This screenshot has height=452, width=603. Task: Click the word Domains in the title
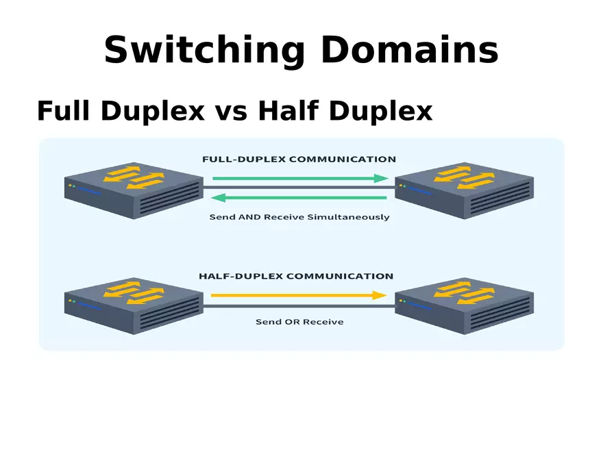click(x=409, y=50)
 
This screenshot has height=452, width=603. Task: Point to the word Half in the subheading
click(x=288, y=111)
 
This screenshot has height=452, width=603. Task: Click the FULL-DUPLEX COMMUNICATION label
click(x=299, y=160)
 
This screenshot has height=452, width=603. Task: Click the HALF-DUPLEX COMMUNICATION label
click(x=296, y=277)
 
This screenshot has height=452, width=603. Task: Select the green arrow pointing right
click(x=300, y=178)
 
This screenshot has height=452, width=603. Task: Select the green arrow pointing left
click(x=299, y=199)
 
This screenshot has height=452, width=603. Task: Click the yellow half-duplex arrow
click(x=299, y=295)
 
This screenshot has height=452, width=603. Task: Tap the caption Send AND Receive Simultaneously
click(x=299, y=217)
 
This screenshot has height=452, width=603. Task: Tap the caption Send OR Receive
click(x=299, y=322)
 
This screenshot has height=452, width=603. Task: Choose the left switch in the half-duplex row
click(x=134, y=305)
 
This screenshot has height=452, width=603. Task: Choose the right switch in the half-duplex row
click(x=465, y=305)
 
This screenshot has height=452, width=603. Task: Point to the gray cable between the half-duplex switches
click(x=299, y=306)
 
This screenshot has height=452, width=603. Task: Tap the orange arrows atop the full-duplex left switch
click(x=134, y=177)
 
